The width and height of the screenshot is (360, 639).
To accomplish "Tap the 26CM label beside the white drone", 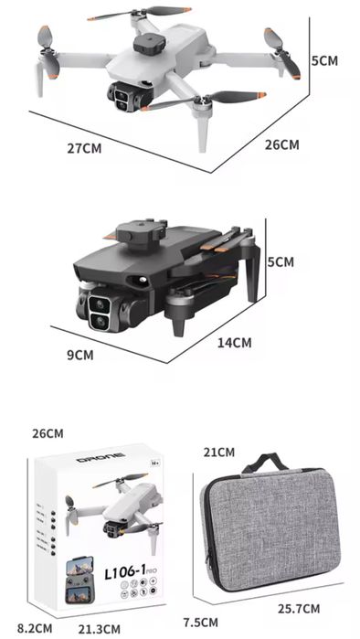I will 281,144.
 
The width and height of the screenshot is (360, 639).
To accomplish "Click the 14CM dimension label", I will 234,343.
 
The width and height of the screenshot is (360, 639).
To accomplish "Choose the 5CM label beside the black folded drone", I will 281,262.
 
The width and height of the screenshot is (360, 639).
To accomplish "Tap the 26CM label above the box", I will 48,432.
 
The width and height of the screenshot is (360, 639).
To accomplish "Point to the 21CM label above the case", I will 219,452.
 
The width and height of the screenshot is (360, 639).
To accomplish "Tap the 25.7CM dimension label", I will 299,608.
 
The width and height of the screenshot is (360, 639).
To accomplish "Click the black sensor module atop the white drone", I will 144,42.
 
